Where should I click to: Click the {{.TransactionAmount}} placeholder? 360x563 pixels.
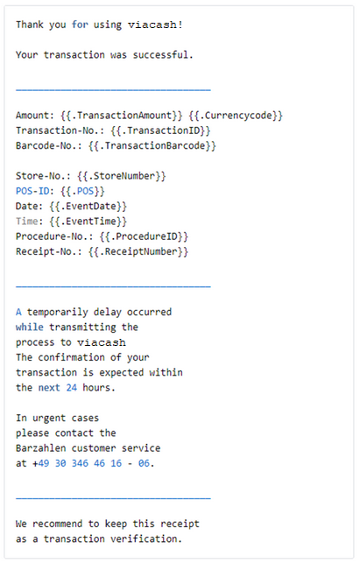click(x=122, y=116)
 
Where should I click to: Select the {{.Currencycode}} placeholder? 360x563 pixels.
click(x=236, y=116)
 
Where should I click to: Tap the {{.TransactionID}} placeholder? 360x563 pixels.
click(x=160, y=130)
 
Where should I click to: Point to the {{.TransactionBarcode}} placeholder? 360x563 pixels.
click(x=152, y=145)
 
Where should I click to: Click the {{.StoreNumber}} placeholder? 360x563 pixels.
click(x=122, y=176)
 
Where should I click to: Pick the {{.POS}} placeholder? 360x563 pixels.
click(x=82, y=191)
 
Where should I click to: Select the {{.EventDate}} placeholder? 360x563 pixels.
click(x=88, y=206)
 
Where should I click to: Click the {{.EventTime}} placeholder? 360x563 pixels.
click(x=88, y=222)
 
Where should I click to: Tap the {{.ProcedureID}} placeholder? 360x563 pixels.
click(x=144, y=236)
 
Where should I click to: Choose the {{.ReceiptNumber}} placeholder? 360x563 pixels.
click(x=138, y=251)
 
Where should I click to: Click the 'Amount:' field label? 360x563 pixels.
click(x=35, y=116)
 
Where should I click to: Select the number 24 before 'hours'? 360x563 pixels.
click(x=72, y=388)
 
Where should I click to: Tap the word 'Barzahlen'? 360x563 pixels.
click(x=40, y=448)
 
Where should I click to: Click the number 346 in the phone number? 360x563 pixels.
click(x=80, y=463)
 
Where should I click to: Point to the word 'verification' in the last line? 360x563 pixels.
click(x=144, y=538)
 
